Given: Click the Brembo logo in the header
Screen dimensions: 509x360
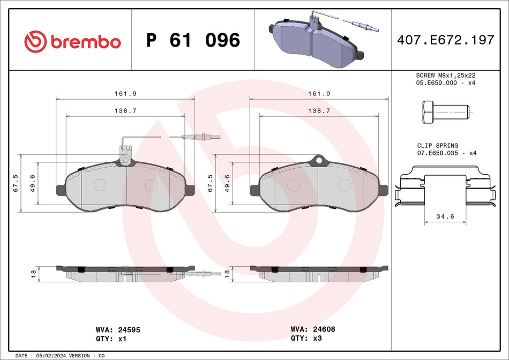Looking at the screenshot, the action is point(72,41).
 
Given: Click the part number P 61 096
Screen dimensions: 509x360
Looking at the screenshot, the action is point(193,41).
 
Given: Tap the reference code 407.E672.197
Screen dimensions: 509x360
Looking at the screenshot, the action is point(445,40).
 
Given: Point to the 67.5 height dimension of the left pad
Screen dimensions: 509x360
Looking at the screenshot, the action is point(17,183).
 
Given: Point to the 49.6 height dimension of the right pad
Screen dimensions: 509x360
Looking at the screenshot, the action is point(228,183).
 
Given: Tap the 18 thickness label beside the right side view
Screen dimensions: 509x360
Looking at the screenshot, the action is point(227,273).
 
